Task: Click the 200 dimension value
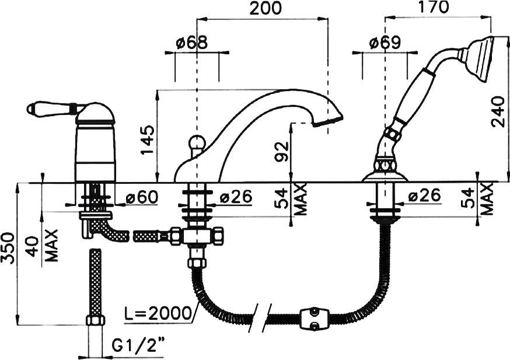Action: coord(265,8)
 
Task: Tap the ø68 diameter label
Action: coord(191,43)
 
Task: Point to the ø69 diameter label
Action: coord(385,42)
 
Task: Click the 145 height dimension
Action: coord(148,140)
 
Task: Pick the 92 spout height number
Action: coord(282,151)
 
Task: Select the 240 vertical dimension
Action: coord(498,111)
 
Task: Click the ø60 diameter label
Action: coord(142,197)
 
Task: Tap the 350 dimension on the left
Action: coord(8,248)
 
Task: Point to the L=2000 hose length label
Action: coord(158,313)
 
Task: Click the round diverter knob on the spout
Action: coord(197,142)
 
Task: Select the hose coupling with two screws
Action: coord(314,320)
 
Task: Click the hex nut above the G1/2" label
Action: coord(95,320)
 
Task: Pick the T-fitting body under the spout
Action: coord(197,236)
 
